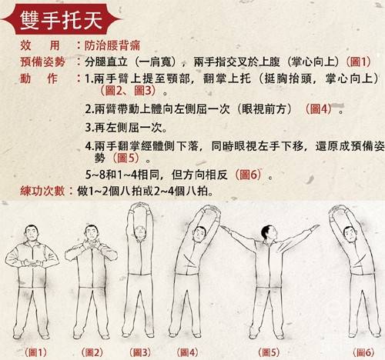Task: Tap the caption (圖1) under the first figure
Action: [36, 352]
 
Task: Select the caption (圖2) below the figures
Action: [93, 352]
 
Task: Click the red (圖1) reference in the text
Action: [359, 61]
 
